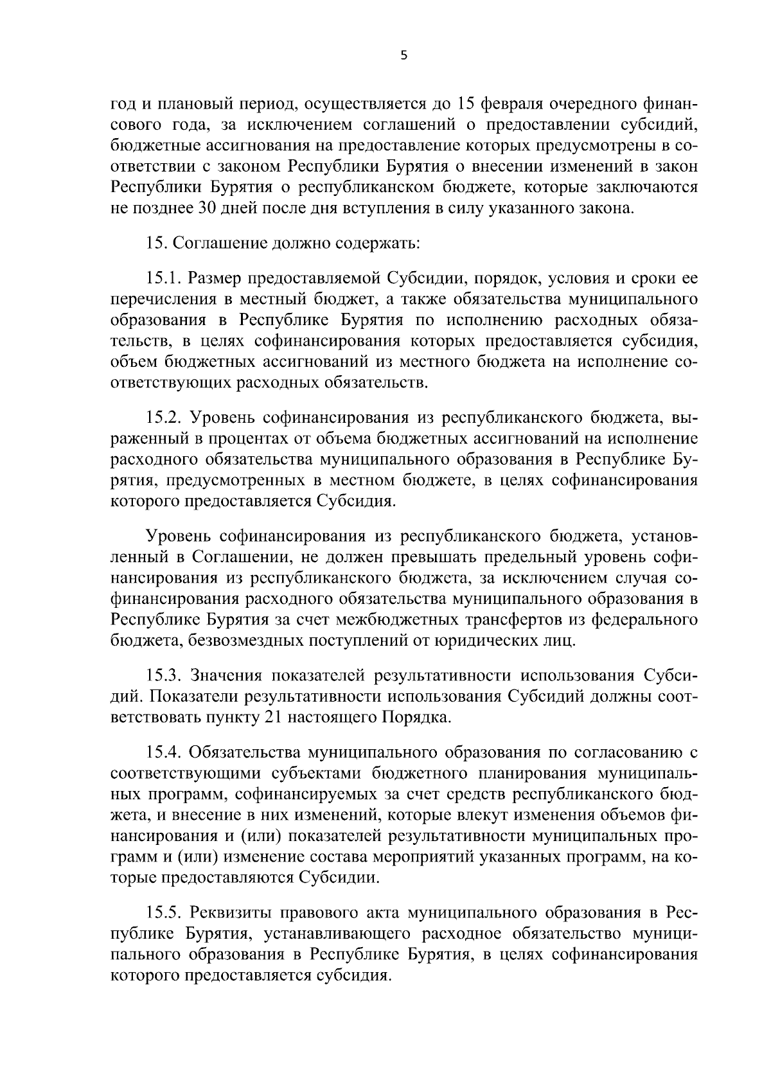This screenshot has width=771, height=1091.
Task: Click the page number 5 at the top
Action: tap(403, 56)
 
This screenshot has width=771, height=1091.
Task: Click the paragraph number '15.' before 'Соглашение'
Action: tap(157, 244)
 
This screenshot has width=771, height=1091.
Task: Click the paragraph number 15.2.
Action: tap(166, 418)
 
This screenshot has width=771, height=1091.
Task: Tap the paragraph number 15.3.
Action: tap(166, 676)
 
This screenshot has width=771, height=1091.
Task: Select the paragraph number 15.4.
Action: tap(166, 752)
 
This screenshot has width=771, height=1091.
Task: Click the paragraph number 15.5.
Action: tap(166, 913)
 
